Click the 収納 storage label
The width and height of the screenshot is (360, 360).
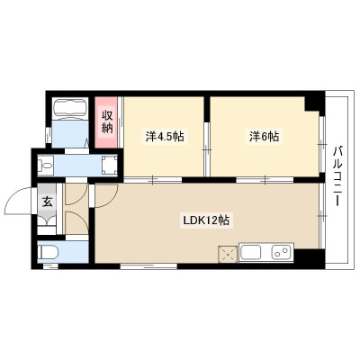click(x=106, y=122)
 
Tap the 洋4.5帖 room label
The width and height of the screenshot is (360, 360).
click(x=165, y=137)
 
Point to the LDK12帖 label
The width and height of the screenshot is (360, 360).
click(x=206, y=220)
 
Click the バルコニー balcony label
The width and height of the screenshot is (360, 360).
click(x=338, y=175)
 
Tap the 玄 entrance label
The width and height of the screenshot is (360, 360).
click(x=47, y=202)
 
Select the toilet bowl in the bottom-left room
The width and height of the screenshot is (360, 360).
click(x=48, y=252)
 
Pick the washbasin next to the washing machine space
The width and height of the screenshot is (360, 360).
click(x=45, y=165)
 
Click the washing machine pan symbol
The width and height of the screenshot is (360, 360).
click(x=110, y=165)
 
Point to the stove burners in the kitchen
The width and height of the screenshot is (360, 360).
click(x=281, y=252)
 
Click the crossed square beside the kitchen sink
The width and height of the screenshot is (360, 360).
click(x=229, y=254)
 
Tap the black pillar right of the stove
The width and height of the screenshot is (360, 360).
click(x=309, y=256)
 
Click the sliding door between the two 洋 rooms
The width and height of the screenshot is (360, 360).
click(x=207, y=149)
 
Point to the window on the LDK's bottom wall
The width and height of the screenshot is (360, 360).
click(x=148, y=265)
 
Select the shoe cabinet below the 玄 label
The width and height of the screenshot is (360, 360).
click(x=47, y=221)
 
